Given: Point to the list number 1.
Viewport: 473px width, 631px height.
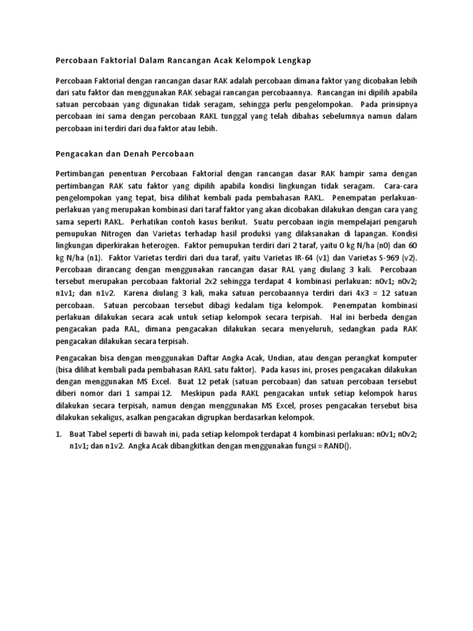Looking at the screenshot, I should coord(59,434).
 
